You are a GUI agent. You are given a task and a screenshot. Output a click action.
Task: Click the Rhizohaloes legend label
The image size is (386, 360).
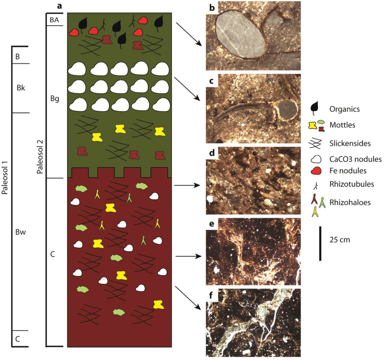click(354, 202)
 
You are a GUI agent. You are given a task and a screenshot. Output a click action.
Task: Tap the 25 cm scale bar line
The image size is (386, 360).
click(320, 243)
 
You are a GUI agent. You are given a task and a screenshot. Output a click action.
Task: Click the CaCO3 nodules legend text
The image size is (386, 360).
click(358, 159)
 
